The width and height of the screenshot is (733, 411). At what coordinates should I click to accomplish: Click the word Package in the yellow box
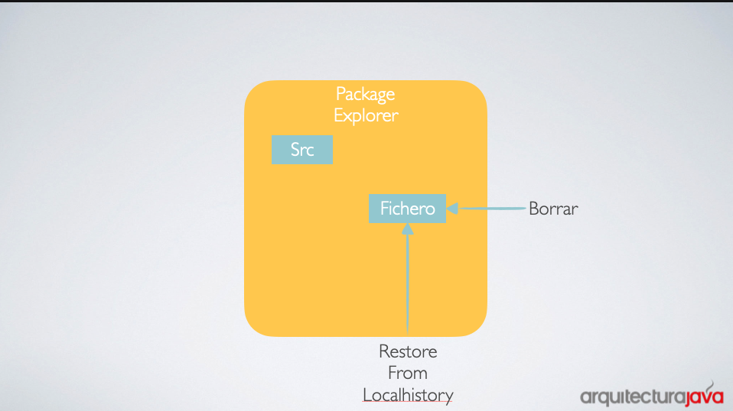click(366, 95)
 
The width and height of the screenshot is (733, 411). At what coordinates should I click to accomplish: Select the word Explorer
click(366, 115)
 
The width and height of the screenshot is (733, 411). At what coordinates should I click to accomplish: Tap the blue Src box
click(302, 150)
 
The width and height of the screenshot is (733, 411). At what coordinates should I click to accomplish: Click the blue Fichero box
click(407, 209)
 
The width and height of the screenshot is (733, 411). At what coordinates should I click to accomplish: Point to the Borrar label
click(553, 209)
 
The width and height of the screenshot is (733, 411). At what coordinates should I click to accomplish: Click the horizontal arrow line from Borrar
click(491, 208)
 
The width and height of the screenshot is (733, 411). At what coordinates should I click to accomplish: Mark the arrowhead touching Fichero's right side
click(452, 208)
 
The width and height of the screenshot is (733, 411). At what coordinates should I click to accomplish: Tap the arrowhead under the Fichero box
click(407, 228)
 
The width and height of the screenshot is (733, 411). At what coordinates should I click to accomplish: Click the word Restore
click(408, 351)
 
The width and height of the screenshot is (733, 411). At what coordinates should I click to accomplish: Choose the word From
click(408, 374)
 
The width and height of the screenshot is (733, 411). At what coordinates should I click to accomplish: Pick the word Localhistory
click(408, 395)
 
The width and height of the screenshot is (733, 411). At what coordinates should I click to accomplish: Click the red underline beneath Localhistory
click(408, 402)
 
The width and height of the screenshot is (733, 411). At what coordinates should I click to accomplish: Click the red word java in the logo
click(705, 396)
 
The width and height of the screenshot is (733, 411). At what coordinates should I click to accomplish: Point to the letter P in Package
click(340, 94)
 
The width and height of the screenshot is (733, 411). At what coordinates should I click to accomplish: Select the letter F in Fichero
click(385, 209)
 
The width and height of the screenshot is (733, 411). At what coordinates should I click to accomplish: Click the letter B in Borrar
click(533, 209)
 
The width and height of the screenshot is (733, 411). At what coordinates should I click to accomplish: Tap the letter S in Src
click(295, 150)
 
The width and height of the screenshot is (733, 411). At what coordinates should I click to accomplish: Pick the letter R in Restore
click(384, 351)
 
